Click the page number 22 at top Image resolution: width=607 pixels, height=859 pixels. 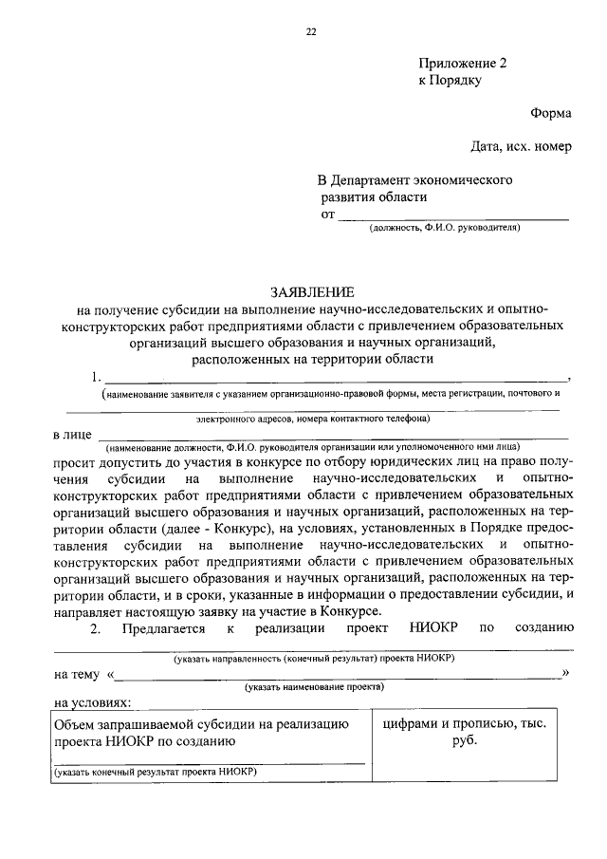(310, 32)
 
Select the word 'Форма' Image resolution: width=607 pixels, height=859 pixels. (550, 114)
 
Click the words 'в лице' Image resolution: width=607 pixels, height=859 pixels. (72, 435)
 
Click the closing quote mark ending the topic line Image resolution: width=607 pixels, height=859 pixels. (565, 673)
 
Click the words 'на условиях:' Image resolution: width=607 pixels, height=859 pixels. (93, 703)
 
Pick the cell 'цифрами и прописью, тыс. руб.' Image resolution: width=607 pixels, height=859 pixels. (463, 732)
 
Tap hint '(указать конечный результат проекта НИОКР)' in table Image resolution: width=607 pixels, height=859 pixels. (156, 773)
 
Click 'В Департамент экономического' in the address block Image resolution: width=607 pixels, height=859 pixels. (414, 179)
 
